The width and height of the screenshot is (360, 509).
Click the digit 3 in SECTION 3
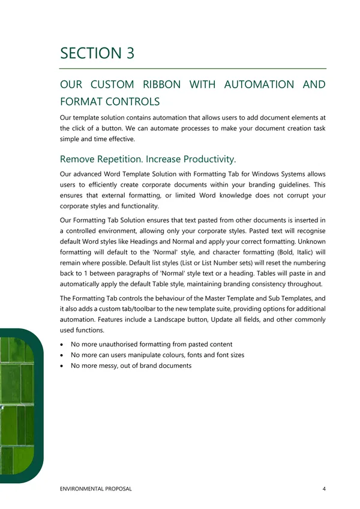(128, 53)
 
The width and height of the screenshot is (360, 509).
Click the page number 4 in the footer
(324, 489)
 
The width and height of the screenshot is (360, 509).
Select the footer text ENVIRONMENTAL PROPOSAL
(96, 489)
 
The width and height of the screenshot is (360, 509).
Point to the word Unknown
(308, 241)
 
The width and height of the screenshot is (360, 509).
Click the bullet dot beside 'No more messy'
(64, 366)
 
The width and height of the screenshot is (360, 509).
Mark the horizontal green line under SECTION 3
(193, 68)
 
